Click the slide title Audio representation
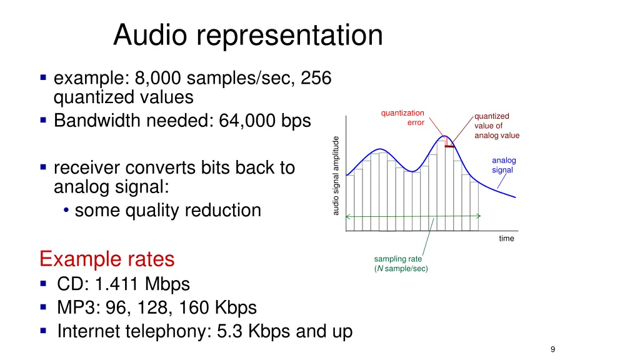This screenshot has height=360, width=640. click(247, 35)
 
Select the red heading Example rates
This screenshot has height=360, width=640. click(106, 259)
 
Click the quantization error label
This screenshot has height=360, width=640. click(403, 117)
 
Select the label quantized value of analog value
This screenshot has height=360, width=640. click(496, 126)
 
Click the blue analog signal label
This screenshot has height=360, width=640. click(503, 165)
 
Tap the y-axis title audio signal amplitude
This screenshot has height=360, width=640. click(336, 176)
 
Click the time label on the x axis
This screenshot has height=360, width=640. click(506, 238)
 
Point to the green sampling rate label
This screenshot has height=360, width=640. click(400, 264)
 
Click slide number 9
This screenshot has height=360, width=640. click(552, 349)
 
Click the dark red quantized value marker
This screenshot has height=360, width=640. click(449, 146)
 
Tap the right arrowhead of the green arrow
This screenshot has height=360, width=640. click(478, 216)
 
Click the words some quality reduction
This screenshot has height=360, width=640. click(167, 211)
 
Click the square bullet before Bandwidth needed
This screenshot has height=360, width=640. click(43, 119)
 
